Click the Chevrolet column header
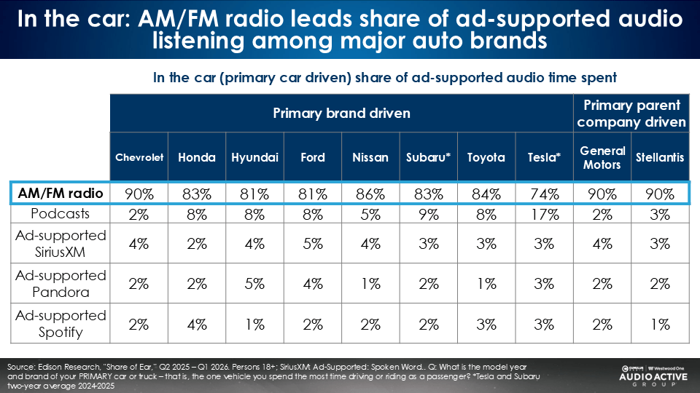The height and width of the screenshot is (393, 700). point(139,157)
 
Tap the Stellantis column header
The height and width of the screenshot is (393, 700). point(660,157)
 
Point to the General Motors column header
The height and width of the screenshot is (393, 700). point(602,157)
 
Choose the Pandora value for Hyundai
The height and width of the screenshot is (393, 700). point(255,285)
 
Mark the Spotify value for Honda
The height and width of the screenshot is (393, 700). point(197,324)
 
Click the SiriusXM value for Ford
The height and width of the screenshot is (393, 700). point(313,245)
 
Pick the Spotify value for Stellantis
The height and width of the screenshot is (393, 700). point(660,324)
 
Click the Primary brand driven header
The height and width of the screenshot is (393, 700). point(341,113)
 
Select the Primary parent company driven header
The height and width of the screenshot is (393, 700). point(631,113)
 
